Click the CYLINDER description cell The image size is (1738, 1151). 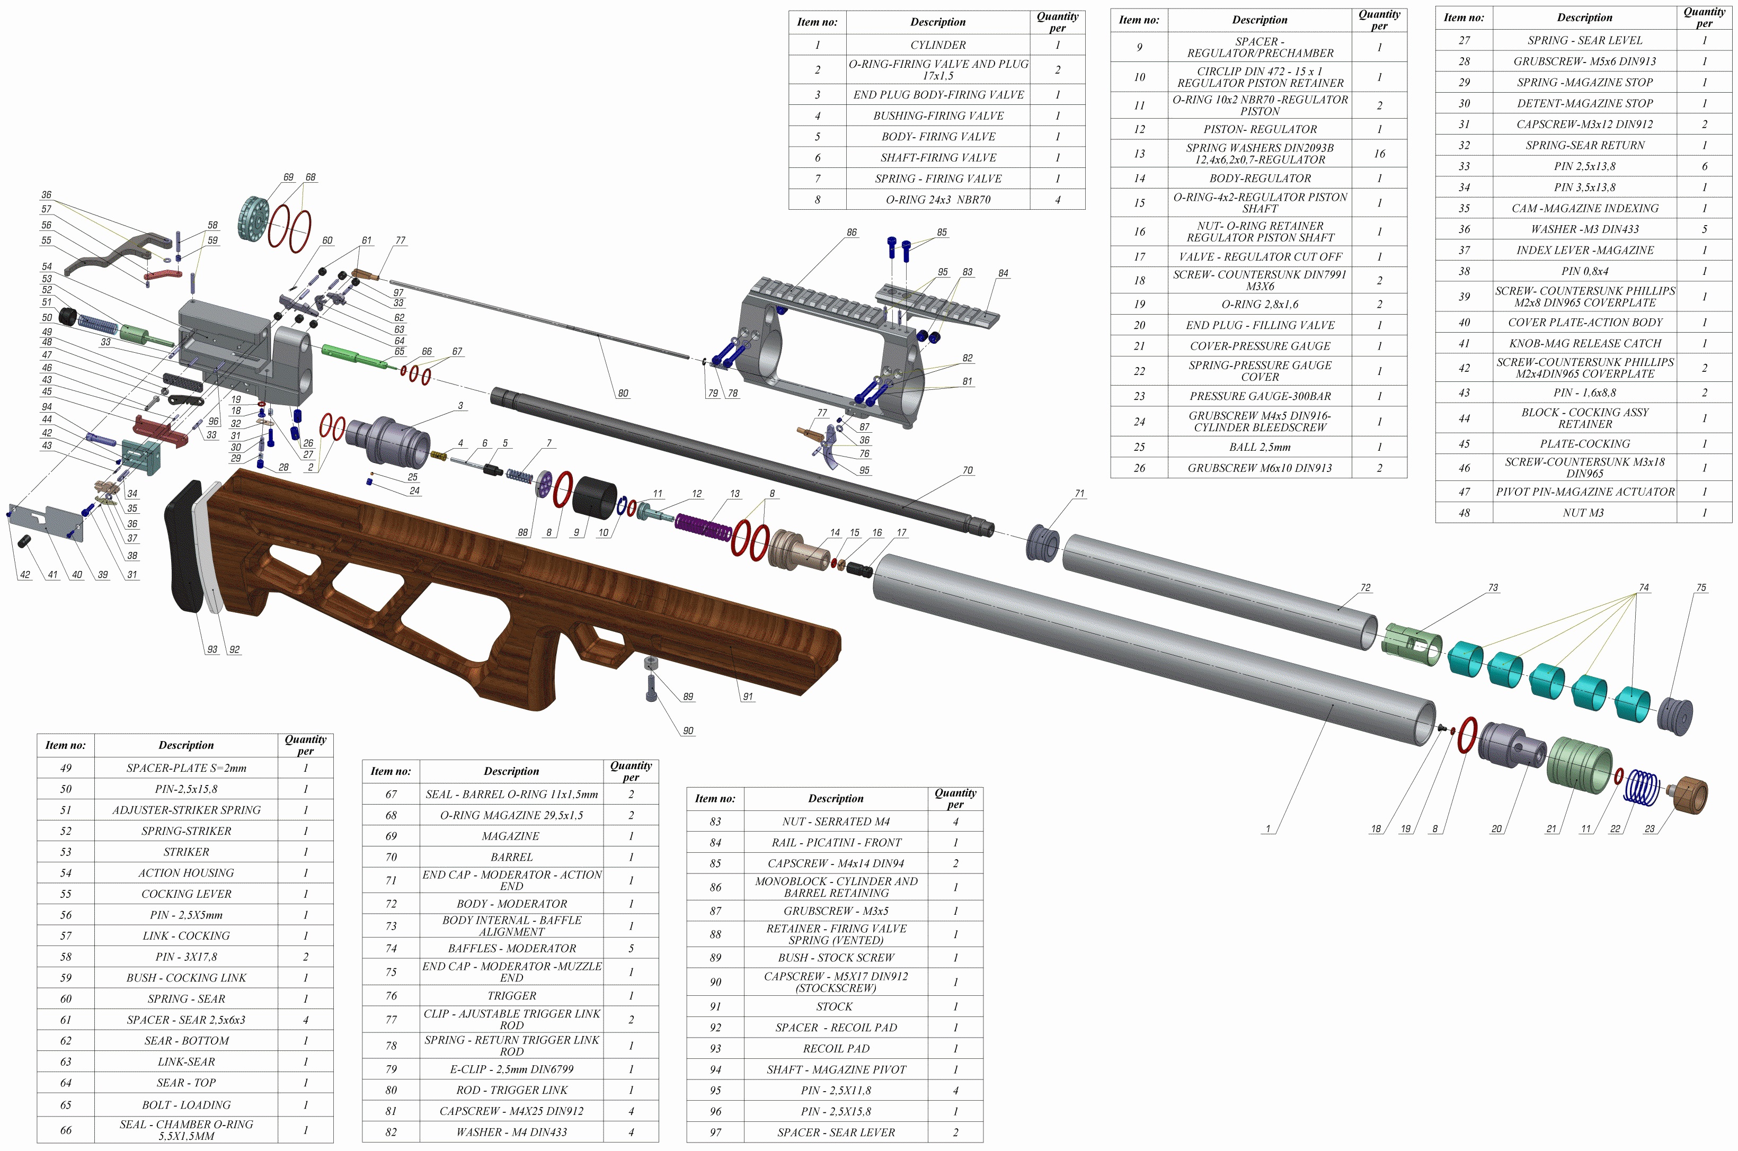coord(938,45)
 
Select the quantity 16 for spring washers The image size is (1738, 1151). coord(1379,154)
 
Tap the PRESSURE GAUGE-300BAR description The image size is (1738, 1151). coord(1260,396)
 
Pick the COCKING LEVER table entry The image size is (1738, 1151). coord(187,894)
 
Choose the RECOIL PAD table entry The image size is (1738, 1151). coord(836,1049)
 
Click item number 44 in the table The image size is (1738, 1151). coord(1464,418)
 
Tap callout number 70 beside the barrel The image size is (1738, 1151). coord(967,470)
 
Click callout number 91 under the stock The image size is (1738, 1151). coord(748,697)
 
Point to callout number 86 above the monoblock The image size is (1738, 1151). coord(851,233)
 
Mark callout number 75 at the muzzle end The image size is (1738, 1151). coord(1701,588)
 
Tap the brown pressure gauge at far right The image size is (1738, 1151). coord(1691,795)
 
